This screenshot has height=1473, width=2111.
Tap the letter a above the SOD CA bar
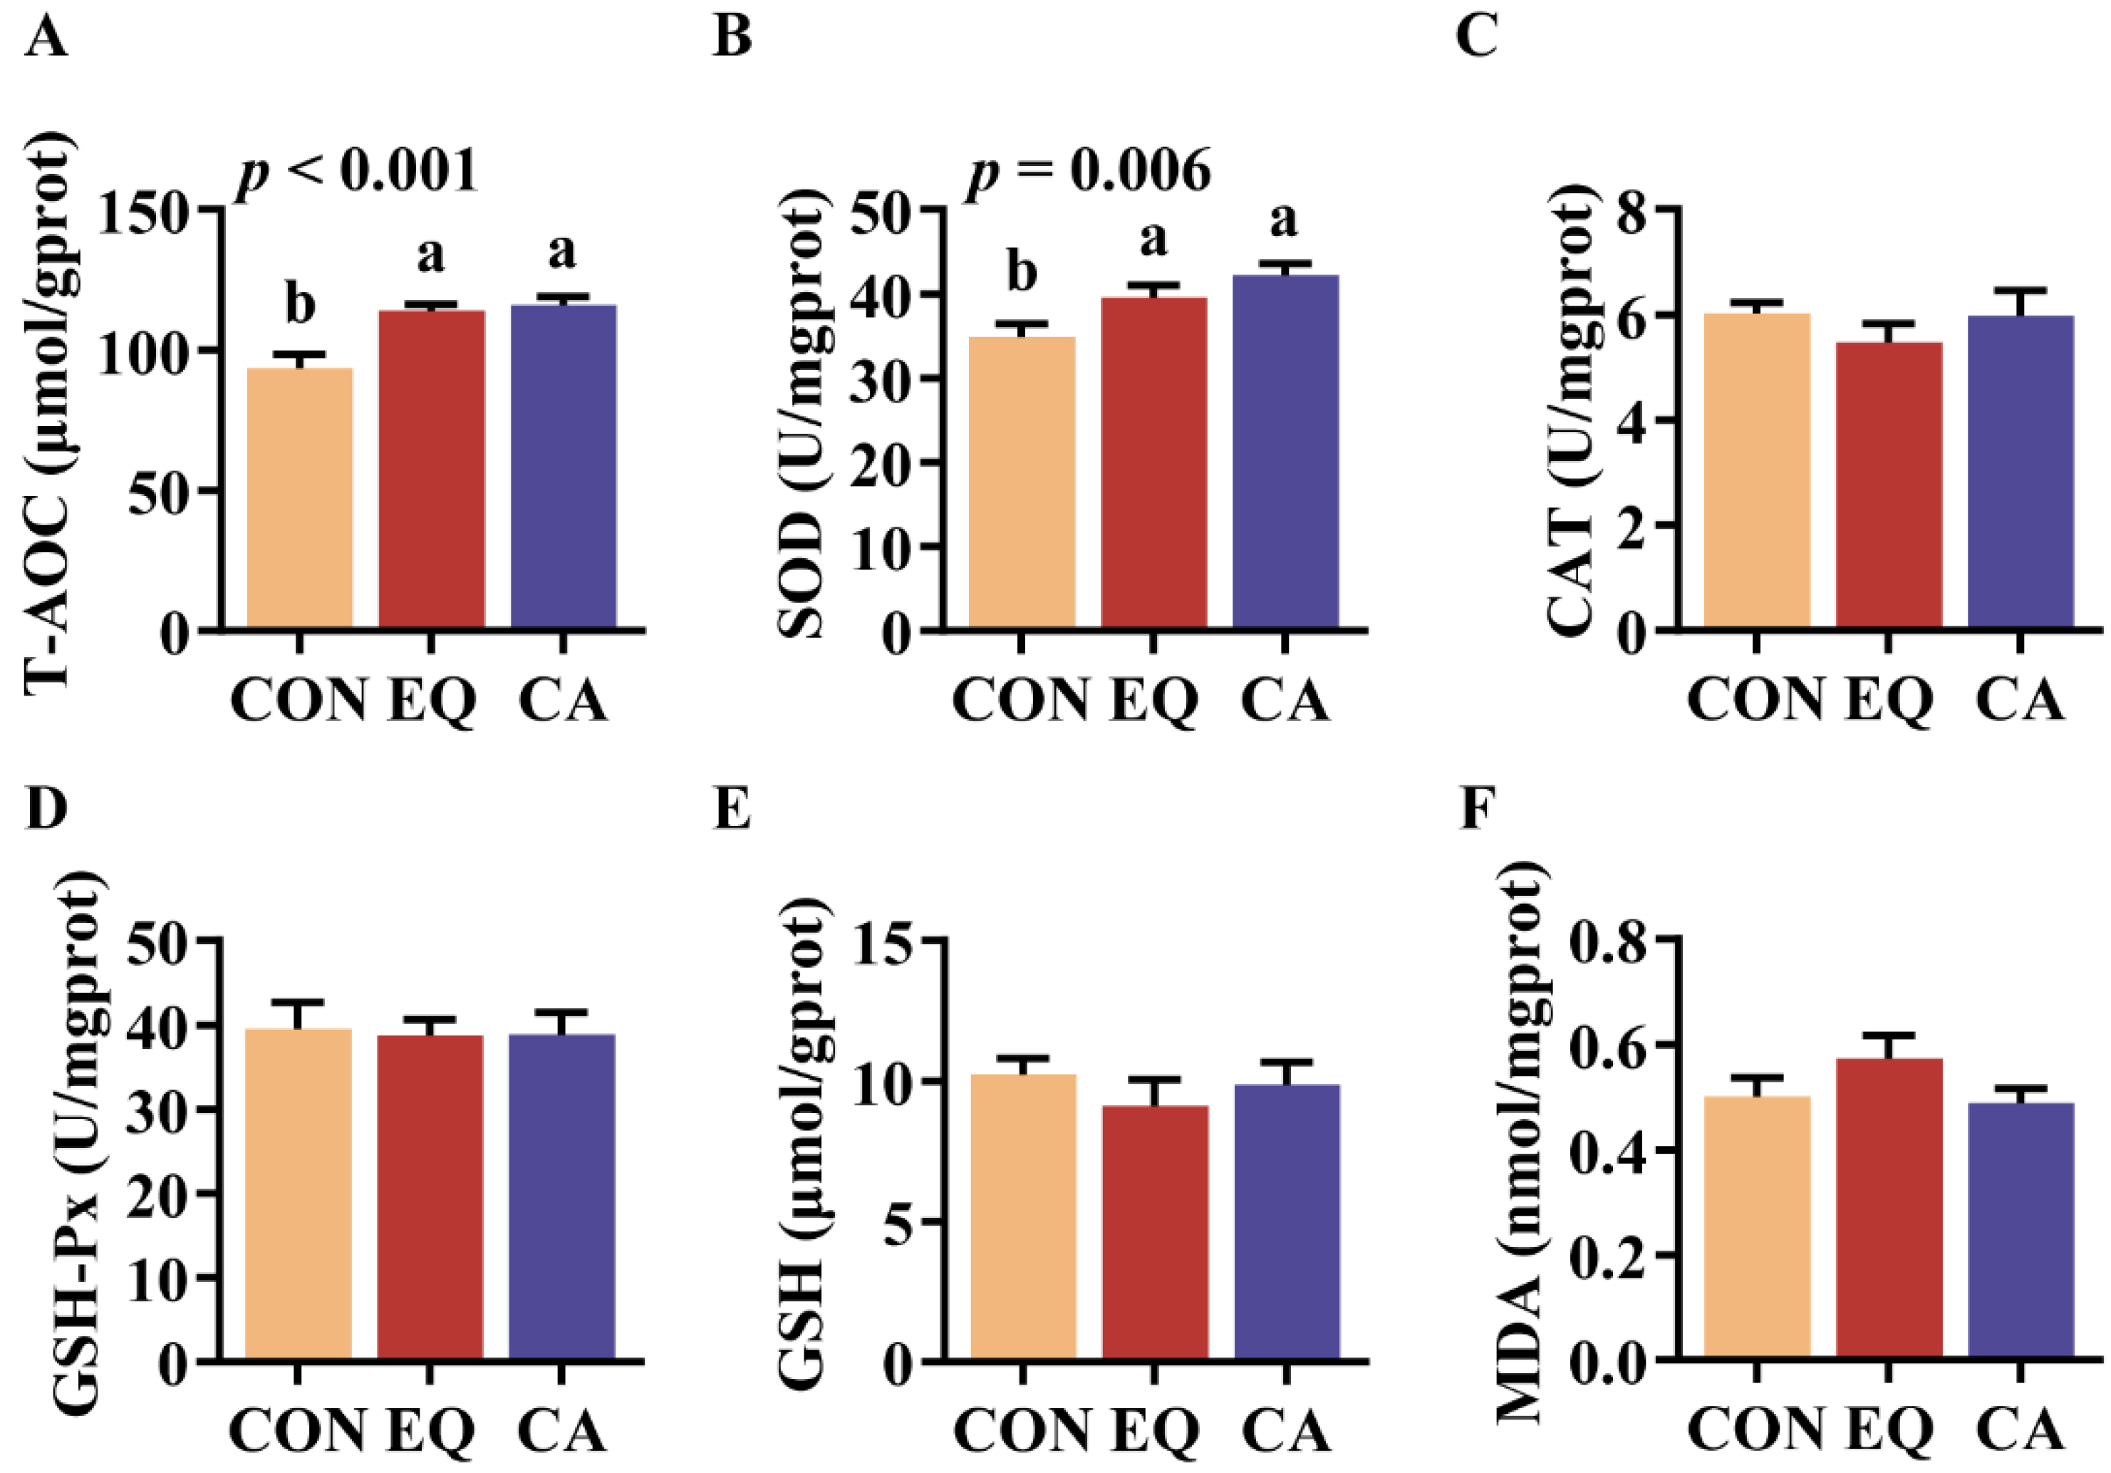click(x=1284, y=219)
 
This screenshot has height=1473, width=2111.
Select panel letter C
click(x=1478, y=38)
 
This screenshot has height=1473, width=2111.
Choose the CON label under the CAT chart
click(x=1755, y=700)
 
